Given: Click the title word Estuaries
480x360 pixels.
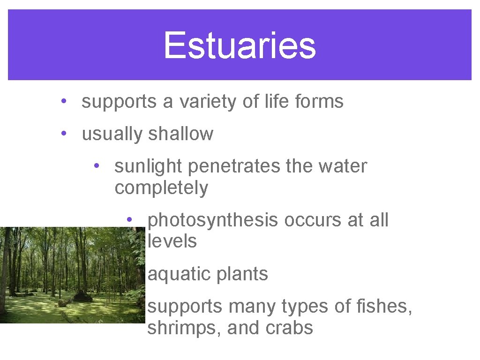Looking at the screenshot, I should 240,45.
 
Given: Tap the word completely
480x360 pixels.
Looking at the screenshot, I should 161,188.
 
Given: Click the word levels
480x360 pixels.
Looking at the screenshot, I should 172,241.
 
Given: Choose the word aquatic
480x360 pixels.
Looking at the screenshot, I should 175,274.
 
